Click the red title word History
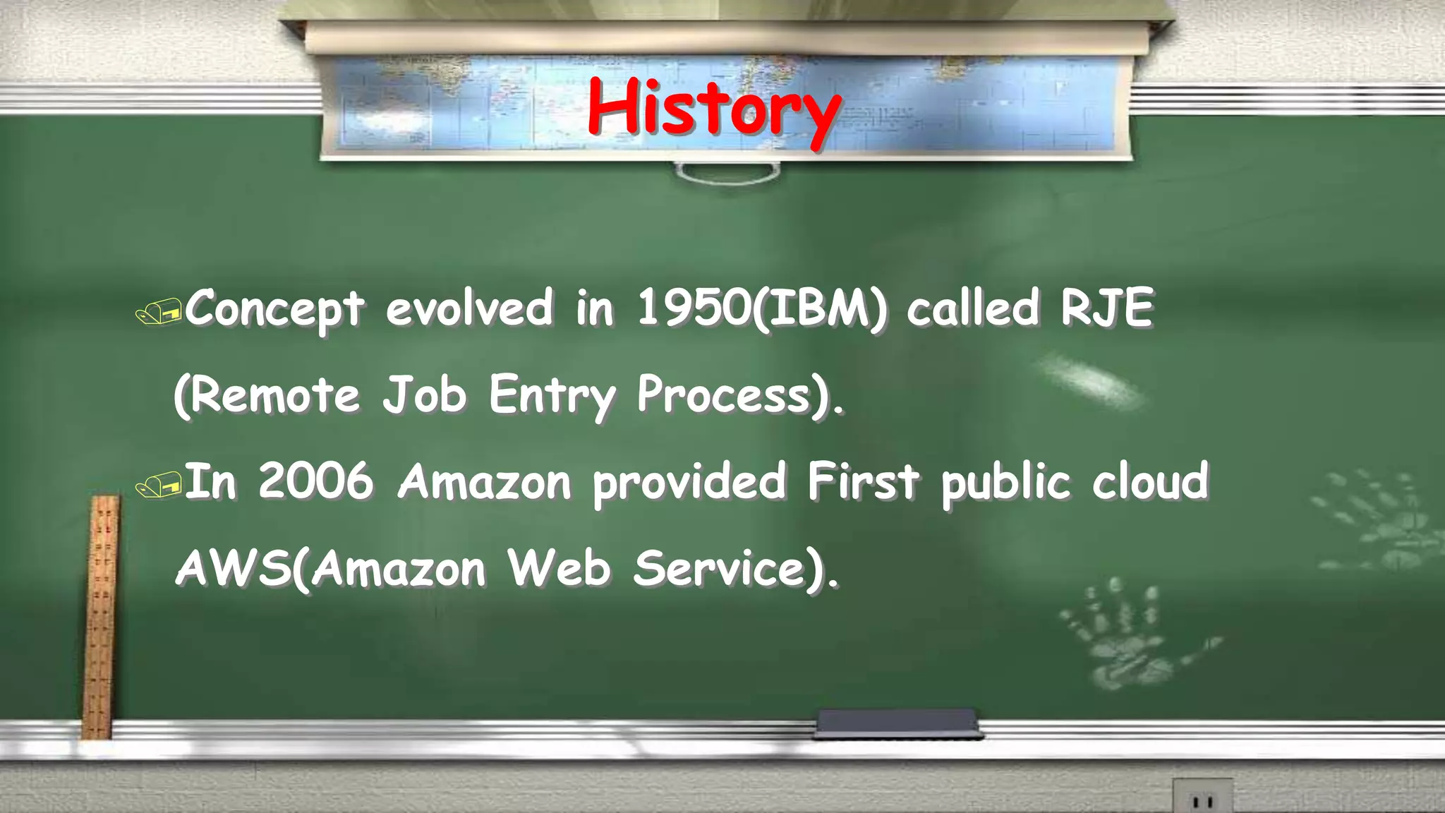coord(714,109)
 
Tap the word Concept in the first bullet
coord(275,308)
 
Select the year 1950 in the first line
coord(693,308)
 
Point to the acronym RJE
coord(1107,308)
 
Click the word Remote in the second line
coord(275,395)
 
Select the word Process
coord(723,395)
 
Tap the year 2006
coord(315,481)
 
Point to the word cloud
coord(1151,481)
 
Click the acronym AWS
coord(233,569)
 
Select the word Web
coord(560,569)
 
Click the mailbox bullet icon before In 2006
coord(159,486)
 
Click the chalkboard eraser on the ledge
coord(897,723)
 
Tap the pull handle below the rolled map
coord(727,173)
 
